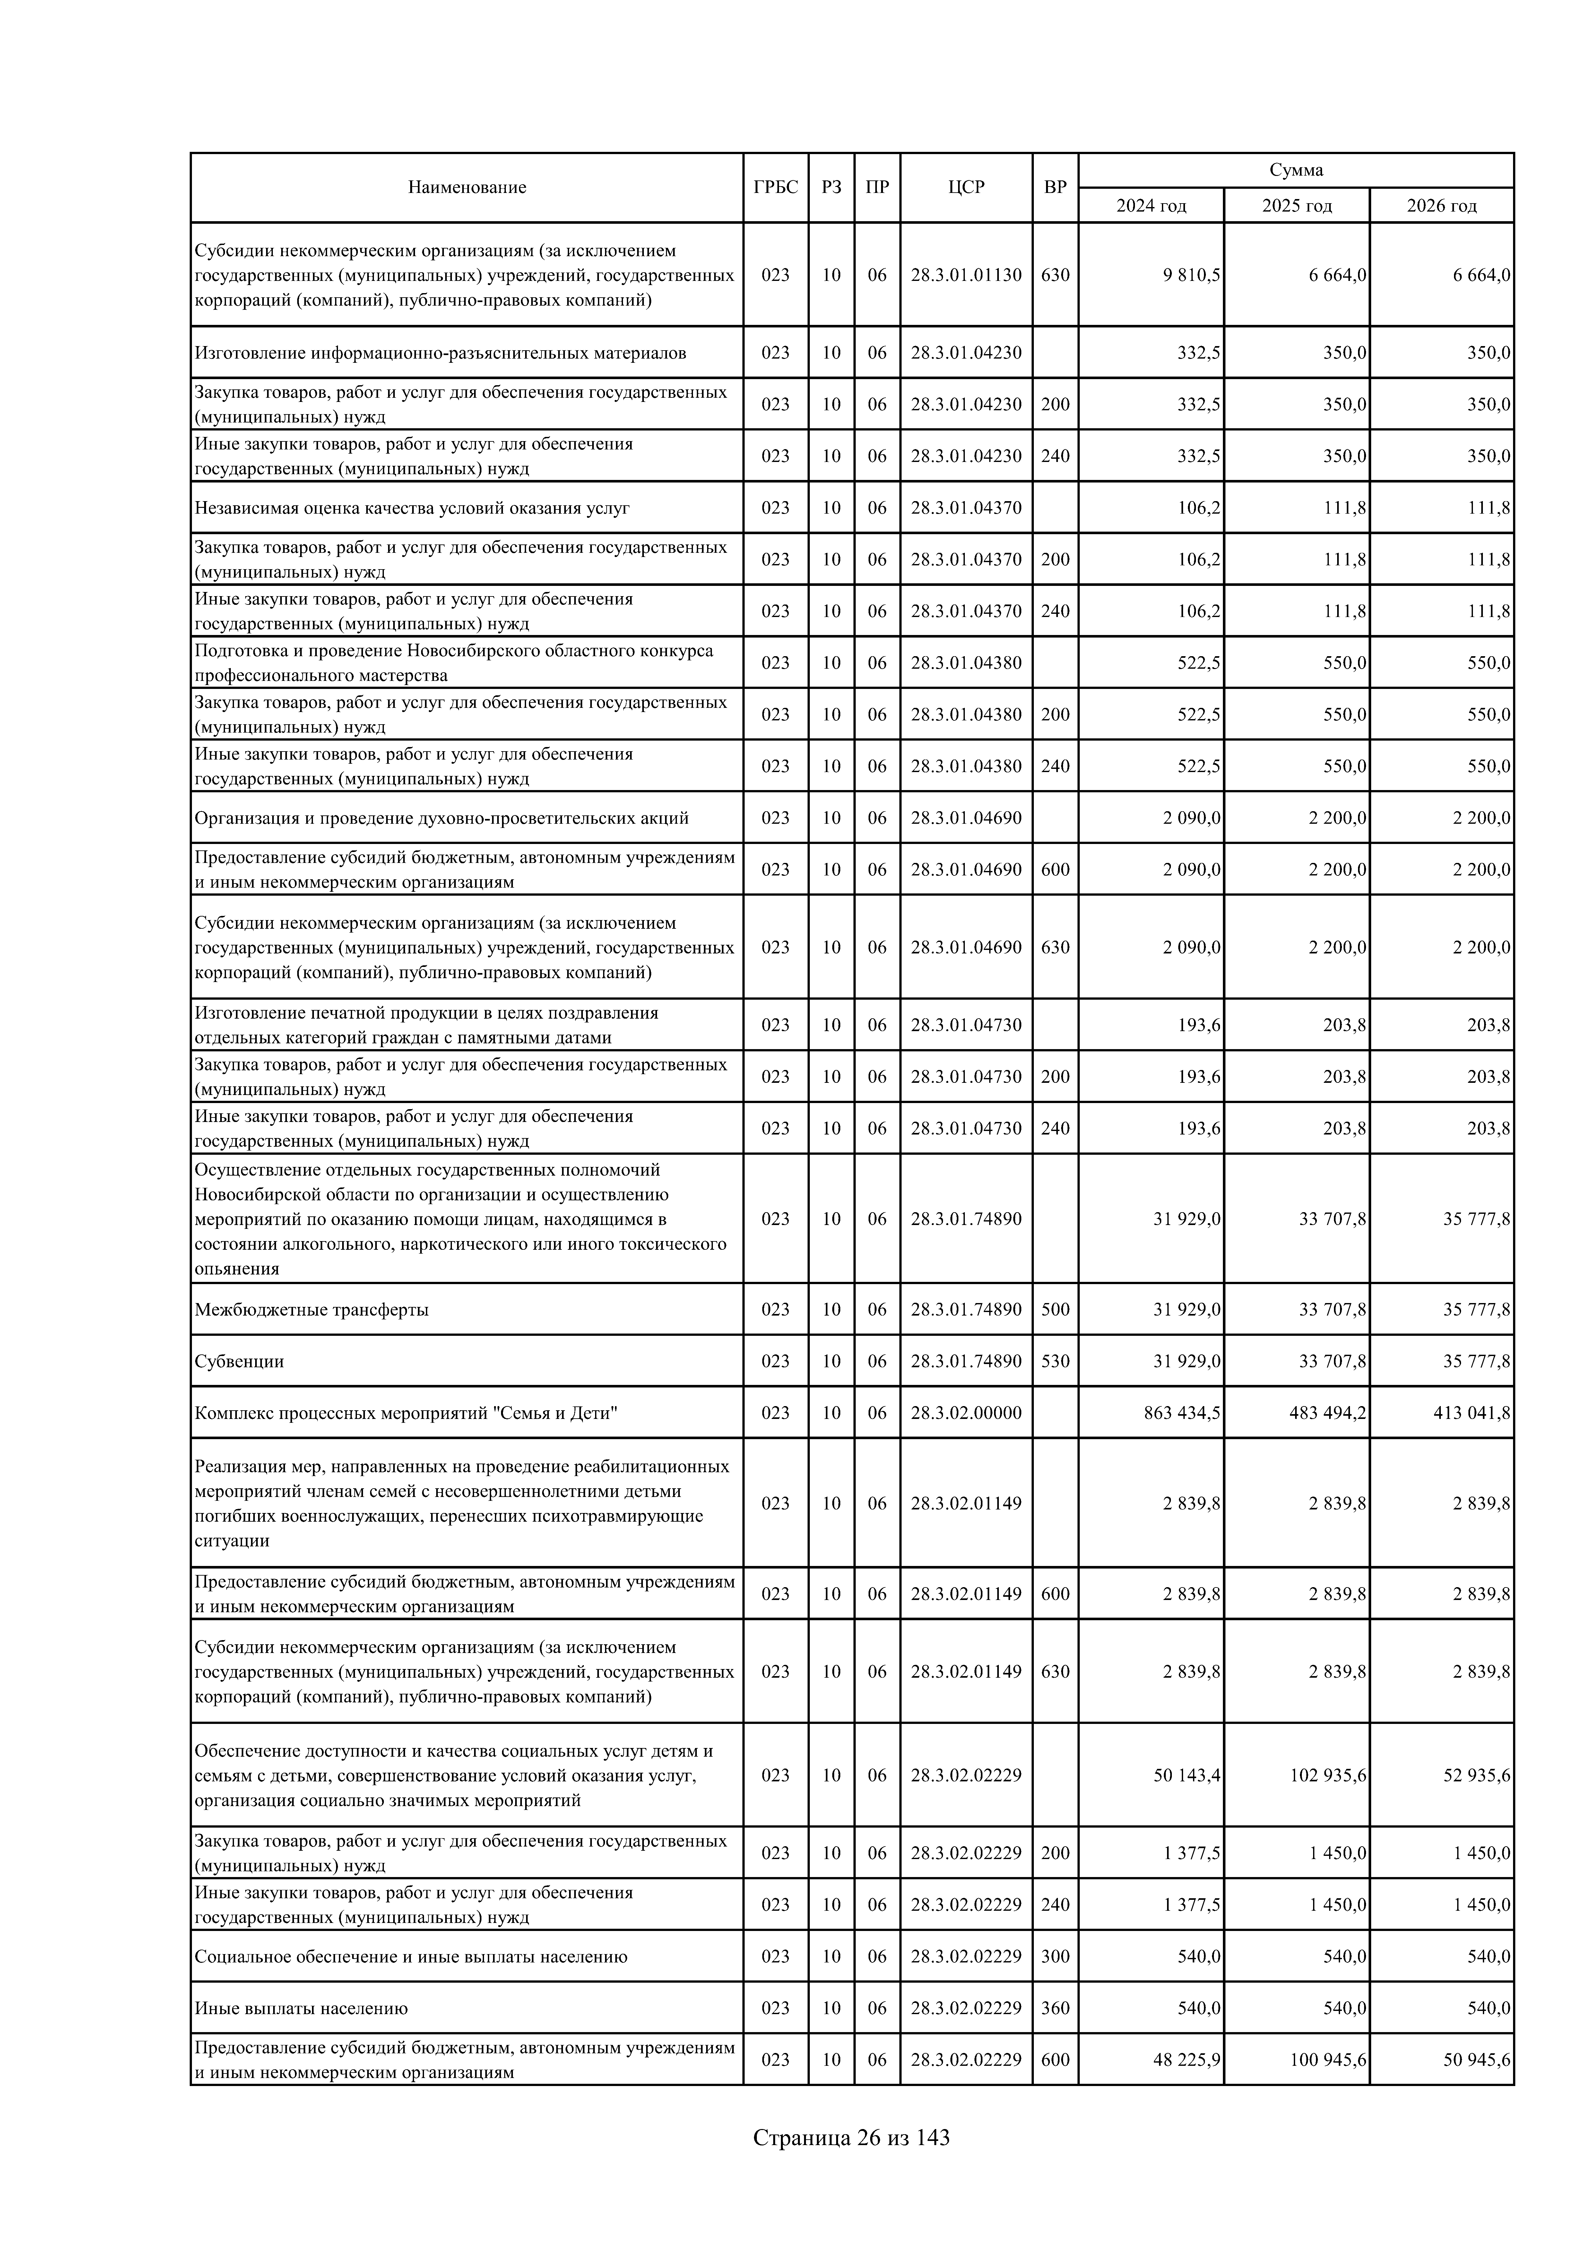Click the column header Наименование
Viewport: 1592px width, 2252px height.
coord(467,187)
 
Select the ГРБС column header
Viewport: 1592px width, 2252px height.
coord(775,187)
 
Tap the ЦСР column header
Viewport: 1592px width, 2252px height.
coord(966,187)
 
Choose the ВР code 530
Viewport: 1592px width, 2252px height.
coord(1055,1361)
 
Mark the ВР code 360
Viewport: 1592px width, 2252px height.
coord(1055,2008)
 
